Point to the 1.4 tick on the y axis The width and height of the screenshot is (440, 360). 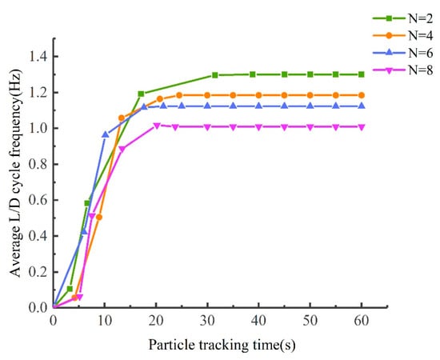tap(37, 56)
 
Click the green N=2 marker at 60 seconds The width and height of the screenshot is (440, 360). tap(361, 74)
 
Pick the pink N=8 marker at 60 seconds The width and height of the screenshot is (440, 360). tap(361, 126)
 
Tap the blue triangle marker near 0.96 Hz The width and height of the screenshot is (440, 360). tap(105, 134)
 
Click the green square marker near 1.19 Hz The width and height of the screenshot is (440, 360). tap(141, 94)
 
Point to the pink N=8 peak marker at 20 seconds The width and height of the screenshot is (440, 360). tap(157, 125)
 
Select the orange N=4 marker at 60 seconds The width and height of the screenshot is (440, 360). tap(361, 95)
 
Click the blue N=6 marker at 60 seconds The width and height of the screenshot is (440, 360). tap(361, 106)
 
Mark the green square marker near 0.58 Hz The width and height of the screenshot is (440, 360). tap(87, 203)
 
